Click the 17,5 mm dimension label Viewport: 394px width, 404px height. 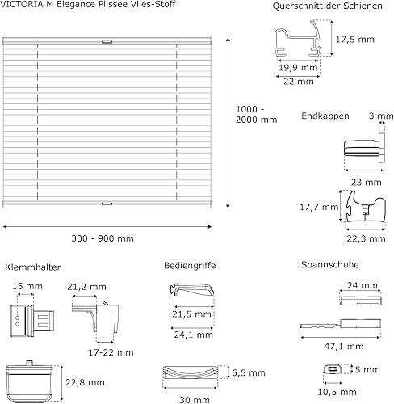coord(354,40)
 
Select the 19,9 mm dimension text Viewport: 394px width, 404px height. coord(298,67)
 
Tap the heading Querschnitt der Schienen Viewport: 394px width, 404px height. coord(327,6)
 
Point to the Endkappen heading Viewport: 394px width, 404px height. coord(325,116)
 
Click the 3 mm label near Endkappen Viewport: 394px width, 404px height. coord(381,116)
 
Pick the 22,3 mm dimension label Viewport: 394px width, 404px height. coord(366,238)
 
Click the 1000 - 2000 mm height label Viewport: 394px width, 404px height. coord(257,114)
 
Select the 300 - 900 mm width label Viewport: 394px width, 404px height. coord(103,238)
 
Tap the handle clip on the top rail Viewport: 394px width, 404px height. coord(107,42)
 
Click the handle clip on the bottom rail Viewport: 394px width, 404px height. coord(107,204)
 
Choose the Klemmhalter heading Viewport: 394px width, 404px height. coord(32,267)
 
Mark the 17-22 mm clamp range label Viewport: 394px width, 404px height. coord(111,352)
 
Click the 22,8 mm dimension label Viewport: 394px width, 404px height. coord(85,382)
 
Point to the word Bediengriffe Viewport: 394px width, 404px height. coord(190,266)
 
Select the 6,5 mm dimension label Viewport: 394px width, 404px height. coord(249,372)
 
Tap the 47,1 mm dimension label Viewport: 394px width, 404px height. coord(344,346)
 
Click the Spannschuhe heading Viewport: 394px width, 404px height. coord(330,264)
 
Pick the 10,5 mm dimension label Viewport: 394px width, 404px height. coord(337,392)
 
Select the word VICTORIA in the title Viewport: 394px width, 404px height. coord(20,4)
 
